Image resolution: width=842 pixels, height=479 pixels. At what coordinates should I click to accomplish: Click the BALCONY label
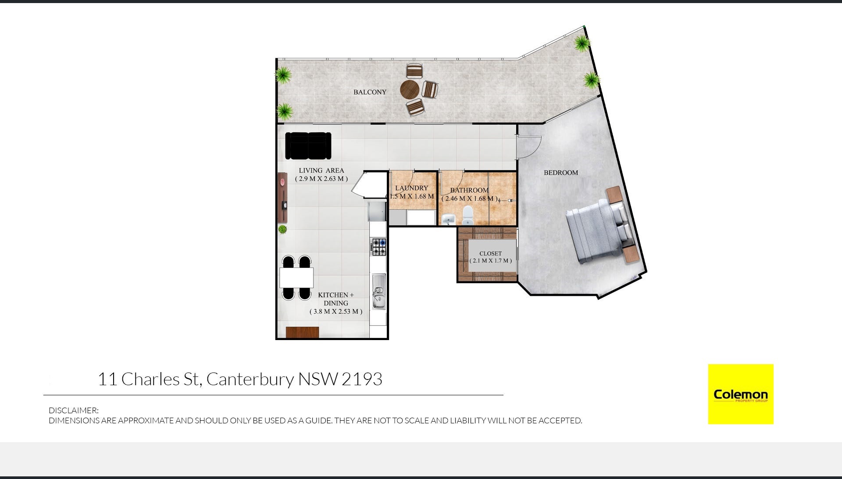(370, 92)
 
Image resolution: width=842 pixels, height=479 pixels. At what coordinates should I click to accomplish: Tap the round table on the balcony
(410, 89)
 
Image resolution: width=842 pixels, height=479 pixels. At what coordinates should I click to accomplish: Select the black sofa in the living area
(308, 145)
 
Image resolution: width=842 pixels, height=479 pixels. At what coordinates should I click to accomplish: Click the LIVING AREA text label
(321, 170)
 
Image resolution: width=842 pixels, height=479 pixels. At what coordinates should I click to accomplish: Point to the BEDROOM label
(561, 173)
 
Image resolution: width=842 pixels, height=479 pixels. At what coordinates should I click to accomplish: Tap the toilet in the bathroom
(468, 215)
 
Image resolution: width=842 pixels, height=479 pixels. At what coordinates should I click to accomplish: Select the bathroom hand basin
(448, 218)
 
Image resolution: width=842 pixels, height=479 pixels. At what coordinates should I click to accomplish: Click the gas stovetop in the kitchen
(379, 247)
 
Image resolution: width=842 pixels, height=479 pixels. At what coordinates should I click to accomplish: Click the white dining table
(296, 277)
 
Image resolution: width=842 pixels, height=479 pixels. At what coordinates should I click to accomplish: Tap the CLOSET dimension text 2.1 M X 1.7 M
(490, 261)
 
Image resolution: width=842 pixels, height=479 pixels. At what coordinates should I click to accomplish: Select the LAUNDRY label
(411, 188)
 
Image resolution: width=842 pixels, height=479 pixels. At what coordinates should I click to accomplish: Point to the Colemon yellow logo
(740, 394)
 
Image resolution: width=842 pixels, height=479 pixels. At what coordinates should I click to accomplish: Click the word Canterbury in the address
(250, 379)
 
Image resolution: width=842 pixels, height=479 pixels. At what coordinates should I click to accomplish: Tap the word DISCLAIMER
(73, 411)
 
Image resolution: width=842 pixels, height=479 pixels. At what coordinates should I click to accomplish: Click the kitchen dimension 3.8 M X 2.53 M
(336, 312)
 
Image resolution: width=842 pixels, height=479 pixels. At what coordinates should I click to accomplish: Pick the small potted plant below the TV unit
(282, 229)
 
